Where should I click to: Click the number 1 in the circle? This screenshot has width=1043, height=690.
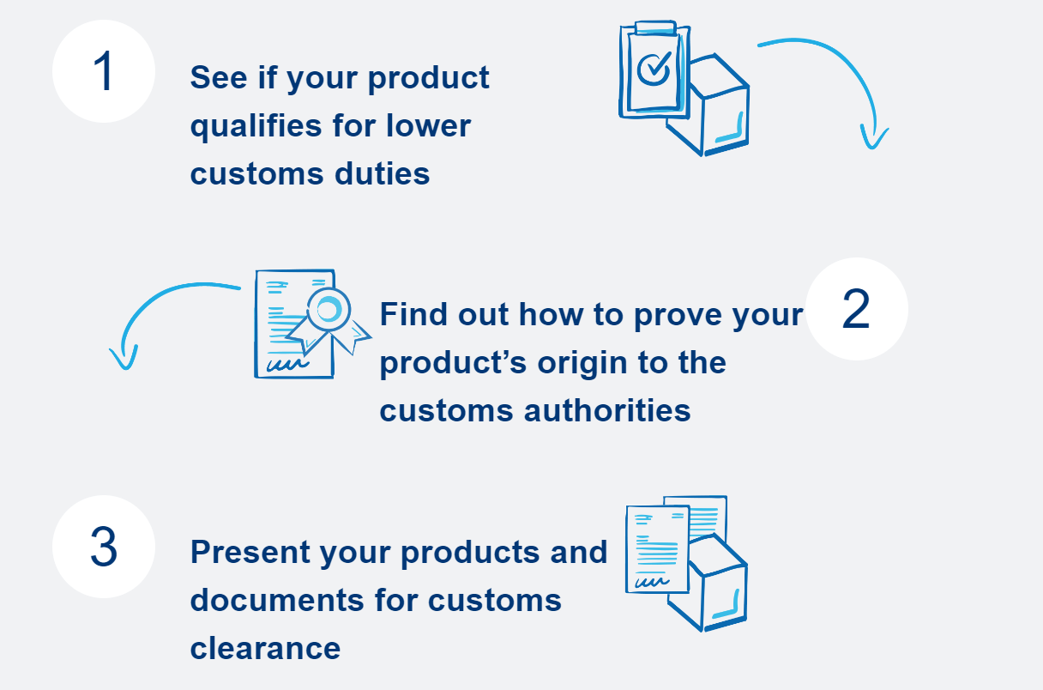[x=103, y=72]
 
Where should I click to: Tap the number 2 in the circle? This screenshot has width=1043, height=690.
[x=856, y=309]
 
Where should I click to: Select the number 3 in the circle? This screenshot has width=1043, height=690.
[x=103, y=547]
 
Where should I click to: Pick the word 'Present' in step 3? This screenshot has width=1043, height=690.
[x=250, y=552]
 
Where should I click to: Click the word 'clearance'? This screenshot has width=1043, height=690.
[x=265, y=647]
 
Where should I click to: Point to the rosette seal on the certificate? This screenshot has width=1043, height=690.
[x=328, y=309]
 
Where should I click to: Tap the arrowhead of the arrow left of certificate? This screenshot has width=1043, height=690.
[x=124, y=359]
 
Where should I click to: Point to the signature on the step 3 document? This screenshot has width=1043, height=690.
[x=649, y=582]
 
